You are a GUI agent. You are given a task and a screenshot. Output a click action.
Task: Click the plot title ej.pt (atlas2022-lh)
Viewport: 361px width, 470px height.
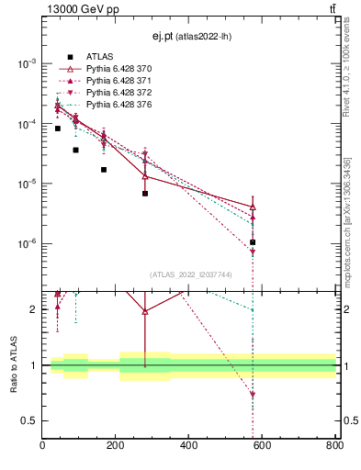(190, 36)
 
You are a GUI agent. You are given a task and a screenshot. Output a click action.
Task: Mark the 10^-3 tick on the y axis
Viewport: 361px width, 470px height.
(27, 63)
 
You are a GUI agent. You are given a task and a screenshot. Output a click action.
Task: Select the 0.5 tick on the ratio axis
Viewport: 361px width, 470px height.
(30, 420)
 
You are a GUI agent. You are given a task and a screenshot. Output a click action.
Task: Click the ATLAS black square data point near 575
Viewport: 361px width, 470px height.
(253, 242)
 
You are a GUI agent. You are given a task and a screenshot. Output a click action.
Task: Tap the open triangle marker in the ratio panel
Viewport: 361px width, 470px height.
(145, 311)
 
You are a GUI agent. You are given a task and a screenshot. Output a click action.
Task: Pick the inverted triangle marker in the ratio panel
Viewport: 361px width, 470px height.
(253, 396)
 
